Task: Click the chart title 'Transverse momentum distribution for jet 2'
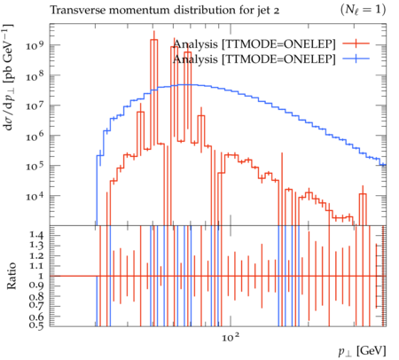coord(164,10)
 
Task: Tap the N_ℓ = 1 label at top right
coord(363,10)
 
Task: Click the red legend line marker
coord(356,43)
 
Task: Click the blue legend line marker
coord(356,59)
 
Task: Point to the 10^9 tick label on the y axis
coord(35,46)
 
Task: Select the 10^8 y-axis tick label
coord(35,76)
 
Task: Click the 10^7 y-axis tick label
coord(35,106)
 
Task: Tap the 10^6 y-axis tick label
coord(35,136)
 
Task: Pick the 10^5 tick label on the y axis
coord(35,166)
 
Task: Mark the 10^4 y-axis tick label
coord(35,196)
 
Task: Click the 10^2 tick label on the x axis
coord(231,337)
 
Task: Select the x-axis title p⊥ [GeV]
coord(363,351)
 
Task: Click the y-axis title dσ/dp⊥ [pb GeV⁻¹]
coord(8,77)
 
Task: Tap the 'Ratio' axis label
coord(12,276)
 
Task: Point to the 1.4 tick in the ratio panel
coord(36,235)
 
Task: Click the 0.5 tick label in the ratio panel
coord(36,325)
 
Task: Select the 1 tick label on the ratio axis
coord(40,276)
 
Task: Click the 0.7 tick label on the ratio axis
coord(36,304)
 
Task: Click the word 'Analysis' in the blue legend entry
coord(195,59)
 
